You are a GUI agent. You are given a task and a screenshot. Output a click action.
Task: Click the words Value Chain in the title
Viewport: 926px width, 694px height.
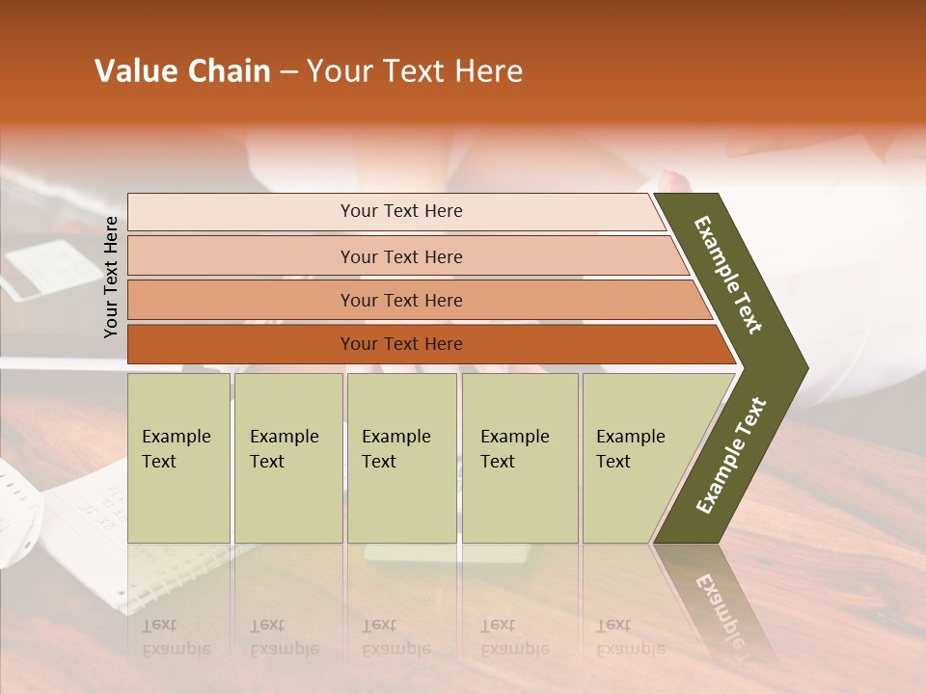[x=182, y=71]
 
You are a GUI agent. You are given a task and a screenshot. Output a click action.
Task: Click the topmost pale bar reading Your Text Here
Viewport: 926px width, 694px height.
[x=400, y=211]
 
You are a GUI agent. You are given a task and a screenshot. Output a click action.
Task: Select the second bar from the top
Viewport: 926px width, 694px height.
[x=400, y=256]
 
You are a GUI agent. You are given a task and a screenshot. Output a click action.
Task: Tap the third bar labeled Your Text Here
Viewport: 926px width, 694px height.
[x=400, y=300]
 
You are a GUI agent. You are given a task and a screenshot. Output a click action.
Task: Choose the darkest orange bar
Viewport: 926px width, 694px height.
[x=400, y=344]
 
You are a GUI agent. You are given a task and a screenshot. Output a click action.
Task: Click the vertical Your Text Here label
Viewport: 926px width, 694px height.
[x=111, y=277]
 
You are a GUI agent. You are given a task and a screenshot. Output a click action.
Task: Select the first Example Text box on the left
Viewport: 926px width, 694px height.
[x=178, y=457]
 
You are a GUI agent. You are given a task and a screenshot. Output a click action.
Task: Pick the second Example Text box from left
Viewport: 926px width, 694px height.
[x=287, y=457]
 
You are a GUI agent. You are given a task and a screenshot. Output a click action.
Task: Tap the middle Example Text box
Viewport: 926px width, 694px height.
[x=401, y=457]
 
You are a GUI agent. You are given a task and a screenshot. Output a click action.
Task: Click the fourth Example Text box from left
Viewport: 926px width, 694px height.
[x=520, y=457]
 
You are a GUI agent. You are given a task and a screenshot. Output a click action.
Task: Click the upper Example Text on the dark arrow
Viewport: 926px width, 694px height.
[x=729, y=275]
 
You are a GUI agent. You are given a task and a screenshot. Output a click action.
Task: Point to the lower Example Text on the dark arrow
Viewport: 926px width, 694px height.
[x=731, y=455]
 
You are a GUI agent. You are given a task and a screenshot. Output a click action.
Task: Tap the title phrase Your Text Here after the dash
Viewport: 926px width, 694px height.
[x=415, y=71]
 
